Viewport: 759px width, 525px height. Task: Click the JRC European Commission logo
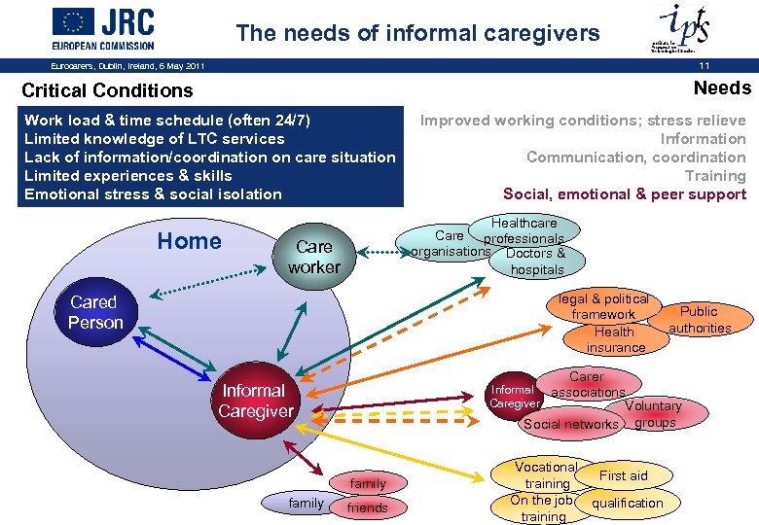tap(102, 28)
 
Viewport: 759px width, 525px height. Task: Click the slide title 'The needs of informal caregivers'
tap(417, 33)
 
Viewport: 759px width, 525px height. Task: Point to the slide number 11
tap(703, 65)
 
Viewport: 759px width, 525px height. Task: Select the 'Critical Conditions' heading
tap(107, 90)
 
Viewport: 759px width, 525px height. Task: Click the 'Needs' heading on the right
tap(722, 88)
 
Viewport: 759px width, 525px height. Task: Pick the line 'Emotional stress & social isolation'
tap(153, 194)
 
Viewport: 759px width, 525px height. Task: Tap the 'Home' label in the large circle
tap(189, 241)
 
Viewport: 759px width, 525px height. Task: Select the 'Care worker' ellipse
tap(313, 257)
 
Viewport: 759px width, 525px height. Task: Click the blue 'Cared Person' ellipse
tap(95, 312)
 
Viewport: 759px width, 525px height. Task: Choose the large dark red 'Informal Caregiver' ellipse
tap(255, 401)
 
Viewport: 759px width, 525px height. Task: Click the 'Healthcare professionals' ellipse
tap(525, 230)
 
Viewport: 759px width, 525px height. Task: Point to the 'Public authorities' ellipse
tap(699, 320)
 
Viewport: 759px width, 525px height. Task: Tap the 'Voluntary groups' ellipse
tap(654, 414)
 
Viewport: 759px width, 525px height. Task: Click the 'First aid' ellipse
tap(623, 475)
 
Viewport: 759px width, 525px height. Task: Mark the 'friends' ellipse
tap(367, 507)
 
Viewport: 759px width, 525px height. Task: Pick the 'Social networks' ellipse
tap(570, 424)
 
